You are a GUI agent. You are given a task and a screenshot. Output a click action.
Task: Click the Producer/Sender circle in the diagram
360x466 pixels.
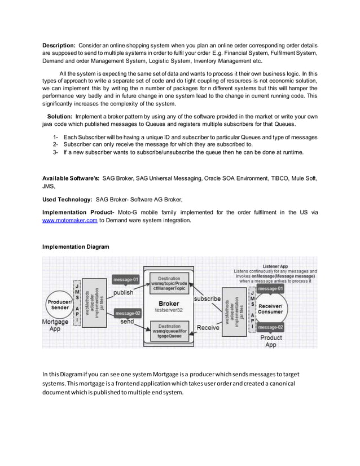point(59,305)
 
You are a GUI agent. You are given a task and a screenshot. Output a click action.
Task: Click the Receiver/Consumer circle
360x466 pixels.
point(270,308)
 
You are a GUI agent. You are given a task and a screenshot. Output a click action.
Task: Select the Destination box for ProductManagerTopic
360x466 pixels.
point(169,284)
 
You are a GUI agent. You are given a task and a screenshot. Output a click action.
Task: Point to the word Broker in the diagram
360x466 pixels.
point(169,303)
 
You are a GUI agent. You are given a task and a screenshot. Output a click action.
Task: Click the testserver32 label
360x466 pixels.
point(169,310)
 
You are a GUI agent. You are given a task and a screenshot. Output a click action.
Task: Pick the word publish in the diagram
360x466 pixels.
point(124,293)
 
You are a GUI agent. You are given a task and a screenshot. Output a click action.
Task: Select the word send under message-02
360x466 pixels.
point(127,321)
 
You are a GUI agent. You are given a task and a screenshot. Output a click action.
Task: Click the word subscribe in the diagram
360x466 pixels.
point(207,298)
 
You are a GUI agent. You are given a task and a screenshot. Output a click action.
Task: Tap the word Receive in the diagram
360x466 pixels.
point(208,328)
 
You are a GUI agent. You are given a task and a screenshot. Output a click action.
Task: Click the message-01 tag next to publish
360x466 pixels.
point(126,279)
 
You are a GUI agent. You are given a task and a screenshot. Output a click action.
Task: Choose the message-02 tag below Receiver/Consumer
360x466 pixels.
point(270,327)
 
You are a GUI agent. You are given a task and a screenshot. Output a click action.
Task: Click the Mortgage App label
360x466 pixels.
point(55,326)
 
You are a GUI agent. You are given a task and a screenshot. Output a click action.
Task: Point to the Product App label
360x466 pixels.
point(271,341)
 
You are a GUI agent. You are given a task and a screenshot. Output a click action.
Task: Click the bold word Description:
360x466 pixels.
point(59,45)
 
